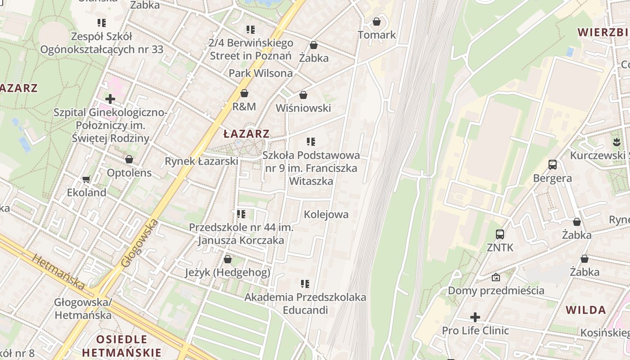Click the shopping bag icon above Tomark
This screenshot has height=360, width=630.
(377, 22)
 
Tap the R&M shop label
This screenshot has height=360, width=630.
(244, 107)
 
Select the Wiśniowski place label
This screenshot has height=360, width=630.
(303, 108)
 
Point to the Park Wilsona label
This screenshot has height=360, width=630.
(261, 73)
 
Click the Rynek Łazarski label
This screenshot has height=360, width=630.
(201, 161)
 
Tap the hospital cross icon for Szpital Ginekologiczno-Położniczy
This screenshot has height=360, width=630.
(110, 99)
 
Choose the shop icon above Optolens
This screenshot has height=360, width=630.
(129, 159)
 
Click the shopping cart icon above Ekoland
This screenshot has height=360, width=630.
(86, 179)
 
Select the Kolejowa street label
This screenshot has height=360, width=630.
(326, 214)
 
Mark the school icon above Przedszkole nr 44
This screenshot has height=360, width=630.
(241, 214)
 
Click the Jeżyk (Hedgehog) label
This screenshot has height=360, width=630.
(228, 272)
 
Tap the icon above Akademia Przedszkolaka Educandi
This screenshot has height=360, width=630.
(305, 284)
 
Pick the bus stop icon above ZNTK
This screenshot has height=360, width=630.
(500, 234)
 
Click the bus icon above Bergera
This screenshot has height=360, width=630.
(553, 165)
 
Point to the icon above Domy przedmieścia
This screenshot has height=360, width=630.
(496, 277)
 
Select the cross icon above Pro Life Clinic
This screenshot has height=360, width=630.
(475, 317)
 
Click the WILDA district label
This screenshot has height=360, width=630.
(585, 310)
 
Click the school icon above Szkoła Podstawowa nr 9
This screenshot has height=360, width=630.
(310, 142)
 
